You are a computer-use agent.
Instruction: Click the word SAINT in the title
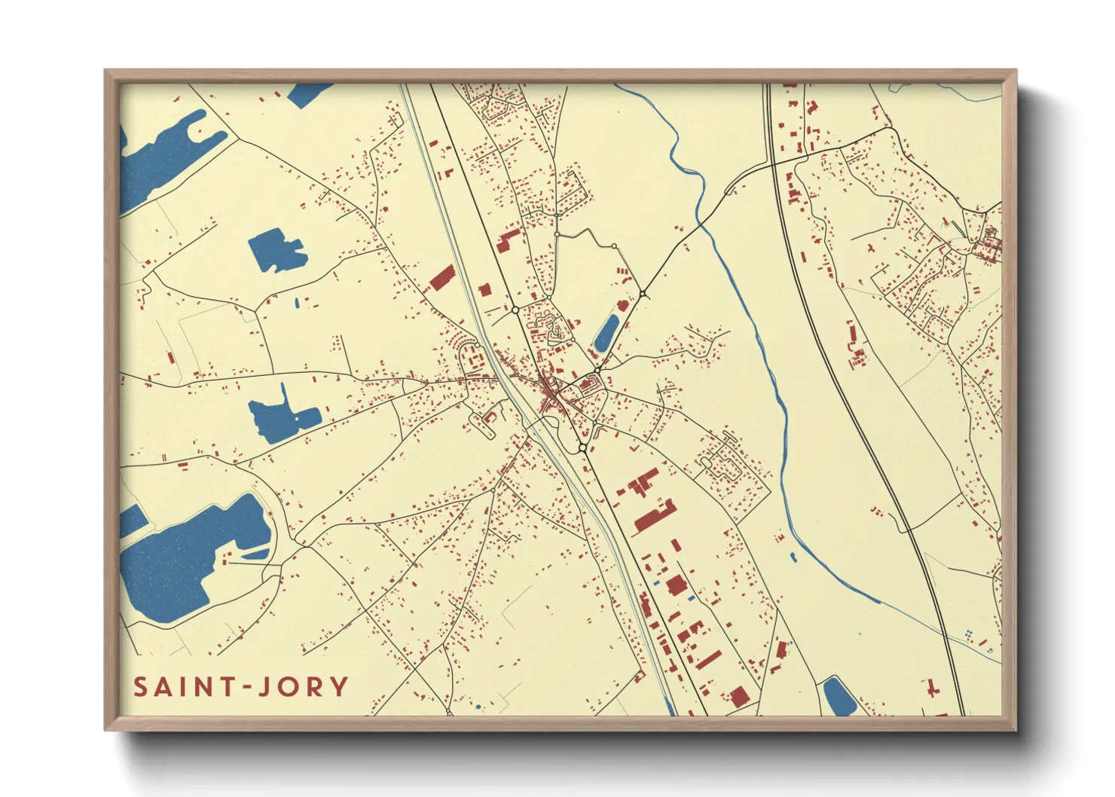point(183,687)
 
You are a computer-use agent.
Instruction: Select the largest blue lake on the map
point(188,557)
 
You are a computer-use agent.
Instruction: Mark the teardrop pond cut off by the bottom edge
point(838,697)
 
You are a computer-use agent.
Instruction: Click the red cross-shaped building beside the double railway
point(933,687)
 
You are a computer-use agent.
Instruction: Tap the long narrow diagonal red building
point(708,661)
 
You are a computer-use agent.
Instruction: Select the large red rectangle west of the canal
point(442,278)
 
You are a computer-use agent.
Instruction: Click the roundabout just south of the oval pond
point(597,370)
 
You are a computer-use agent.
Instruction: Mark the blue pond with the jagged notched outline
point(276,251)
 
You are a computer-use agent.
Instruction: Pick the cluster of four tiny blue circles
point(969,634)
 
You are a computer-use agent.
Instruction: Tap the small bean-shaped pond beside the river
point(793,557)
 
